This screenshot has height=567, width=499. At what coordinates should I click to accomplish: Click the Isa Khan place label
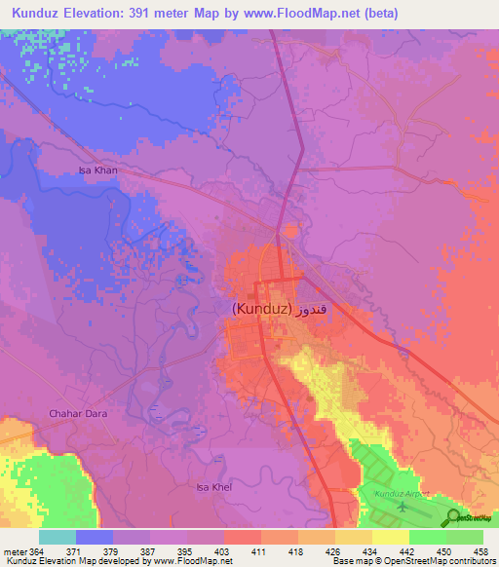(x=97, y=170)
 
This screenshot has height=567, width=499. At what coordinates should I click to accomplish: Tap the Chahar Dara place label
(x=75, y=414)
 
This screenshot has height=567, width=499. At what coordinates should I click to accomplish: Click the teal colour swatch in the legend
(x=58, y=537)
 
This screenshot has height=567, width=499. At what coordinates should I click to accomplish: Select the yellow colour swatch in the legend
(x=391, y=537)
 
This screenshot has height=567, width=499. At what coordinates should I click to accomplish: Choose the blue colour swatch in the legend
(x=95, y=537)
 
